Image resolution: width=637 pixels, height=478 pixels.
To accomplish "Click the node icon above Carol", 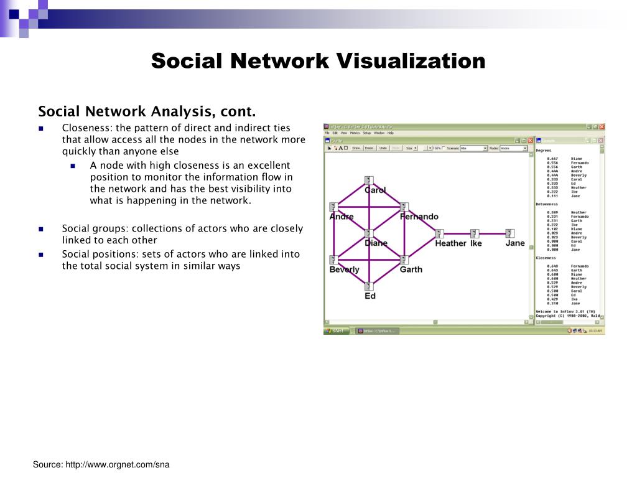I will (368, 180).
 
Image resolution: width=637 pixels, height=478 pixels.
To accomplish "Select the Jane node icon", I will (510, 233).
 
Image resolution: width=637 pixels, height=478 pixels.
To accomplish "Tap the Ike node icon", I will (475, 233).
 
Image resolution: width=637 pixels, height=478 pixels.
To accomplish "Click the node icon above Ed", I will (368, 286).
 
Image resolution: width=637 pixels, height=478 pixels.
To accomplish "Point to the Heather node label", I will (450, 243).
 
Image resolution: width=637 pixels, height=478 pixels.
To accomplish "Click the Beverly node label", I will (344, 269).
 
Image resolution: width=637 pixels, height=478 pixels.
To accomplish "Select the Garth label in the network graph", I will (411, 269).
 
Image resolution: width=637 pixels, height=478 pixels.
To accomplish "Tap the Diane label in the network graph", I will (376, 243).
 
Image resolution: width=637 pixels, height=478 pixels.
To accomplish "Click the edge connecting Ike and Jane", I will (493, 233).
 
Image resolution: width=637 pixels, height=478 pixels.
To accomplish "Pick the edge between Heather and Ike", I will (457, 233).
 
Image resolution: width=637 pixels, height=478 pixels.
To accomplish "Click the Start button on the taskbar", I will (337, 331).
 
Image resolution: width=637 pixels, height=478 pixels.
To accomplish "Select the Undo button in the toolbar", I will (383, 148).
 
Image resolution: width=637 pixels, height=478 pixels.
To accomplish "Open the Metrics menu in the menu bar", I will (355, 133).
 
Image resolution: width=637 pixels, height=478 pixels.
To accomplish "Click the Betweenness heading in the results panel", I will (547, 204).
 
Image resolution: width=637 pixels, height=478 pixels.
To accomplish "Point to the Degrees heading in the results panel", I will (544, 151).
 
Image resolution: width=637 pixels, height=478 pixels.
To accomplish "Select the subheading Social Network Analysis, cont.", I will (147, 111).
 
